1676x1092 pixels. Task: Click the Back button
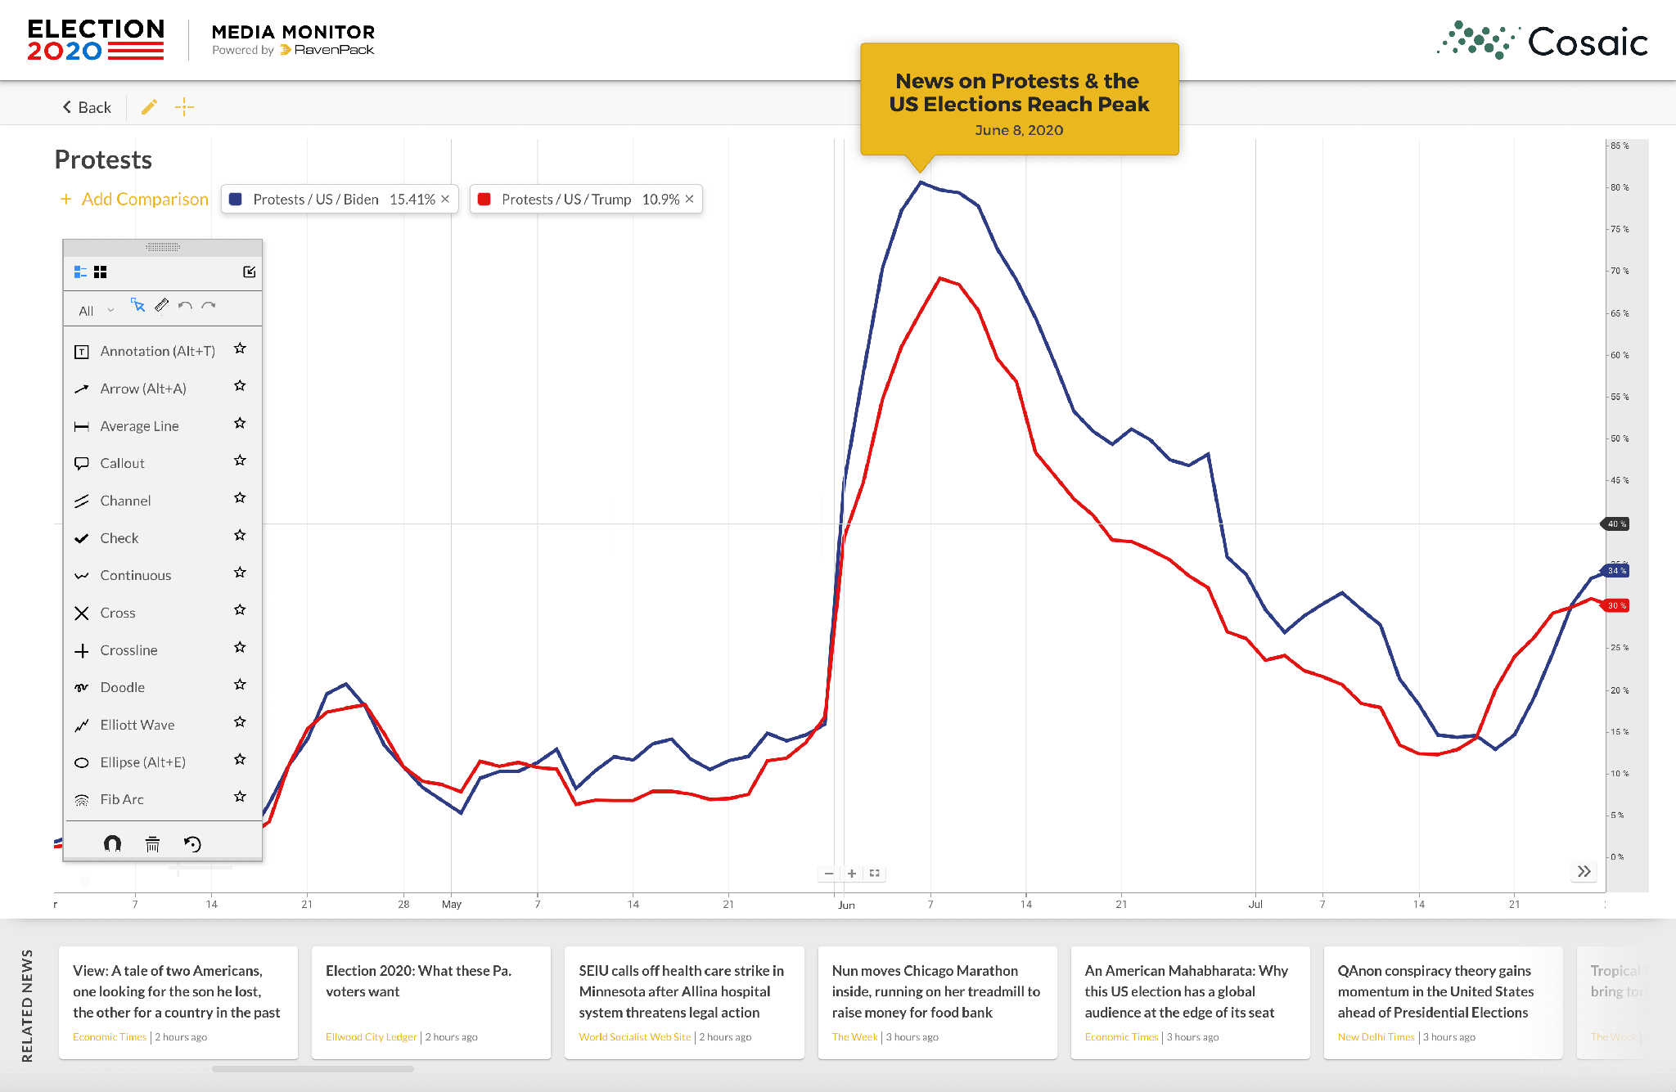(87, 107)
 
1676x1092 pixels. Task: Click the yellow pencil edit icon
(149, 107)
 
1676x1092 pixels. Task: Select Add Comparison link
(135, 199)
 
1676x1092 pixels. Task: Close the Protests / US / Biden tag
(445, 199)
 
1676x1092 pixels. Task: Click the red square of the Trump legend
(484, 199)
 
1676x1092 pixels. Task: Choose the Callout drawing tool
(122, 463)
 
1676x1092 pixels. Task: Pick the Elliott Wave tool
(137, 725)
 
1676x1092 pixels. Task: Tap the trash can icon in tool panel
(152, 844)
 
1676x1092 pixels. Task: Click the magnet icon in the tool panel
(112, 843)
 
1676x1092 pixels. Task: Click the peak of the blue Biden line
(921, 182)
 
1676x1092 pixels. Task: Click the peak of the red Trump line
(940, 278)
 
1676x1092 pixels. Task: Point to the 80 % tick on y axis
(1619, 187)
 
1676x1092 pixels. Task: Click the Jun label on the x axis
(846, 905)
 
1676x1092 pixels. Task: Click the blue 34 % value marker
(1616, 570)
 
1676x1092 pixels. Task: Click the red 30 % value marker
(1616, 605)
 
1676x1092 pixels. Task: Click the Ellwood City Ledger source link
(371, 1036)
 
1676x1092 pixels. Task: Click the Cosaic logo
(1543, 41)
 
